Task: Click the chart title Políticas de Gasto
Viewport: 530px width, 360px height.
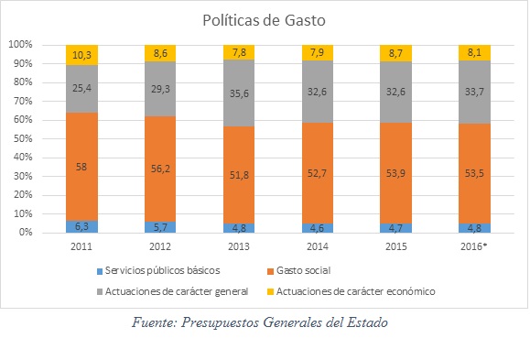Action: pos(264,20)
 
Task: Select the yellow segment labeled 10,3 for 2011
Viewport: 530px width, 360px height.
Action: pos(81,55)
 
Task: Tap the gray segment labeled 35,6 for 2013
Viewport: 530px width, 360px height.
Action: pos(239,93)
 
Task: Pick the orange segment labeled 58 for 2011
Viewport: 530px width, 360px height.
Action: pos(81,167)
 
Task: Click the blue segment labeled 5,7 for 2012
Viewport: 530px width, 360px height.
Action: pos(160,227)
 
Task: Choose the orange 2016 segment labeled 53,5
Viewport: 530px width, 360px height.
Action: pos(474,173)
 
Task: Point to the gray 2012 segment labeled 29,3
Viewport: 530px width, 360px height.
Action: pos(160,89)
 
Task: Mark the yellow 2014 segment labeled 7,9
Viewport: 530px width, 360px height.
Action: pos(318,52)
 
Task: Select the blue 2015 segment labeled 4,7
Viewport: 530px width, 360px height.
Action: pos(395,228)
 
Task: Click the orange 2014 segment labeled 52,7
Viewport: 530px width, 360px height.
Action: pos(318,173)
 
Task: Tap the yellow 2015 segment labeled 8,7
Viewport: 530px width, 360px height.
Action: pos(395,53)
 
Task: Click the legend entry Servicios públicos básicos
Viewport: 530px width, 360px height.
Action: pos(158,270)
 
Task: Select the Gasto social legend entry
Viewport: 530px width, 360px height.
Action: pos(298,270)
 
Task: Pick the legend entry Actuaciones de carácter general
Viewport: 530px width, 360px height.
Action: pos(173,291)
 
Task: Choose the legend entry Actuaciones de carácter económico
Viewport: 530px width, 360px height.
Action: pos(352,291)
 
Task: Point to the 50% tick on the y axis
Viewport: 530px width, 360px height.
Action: pos(23,138)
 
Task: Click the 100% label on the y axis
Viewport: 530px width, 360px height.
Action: pos(21,44)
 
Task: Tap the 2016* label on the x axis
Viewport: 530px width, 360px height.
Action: pos(474,246)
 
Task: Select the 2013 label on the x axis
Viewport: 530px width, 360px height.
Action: pos(239,246)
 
